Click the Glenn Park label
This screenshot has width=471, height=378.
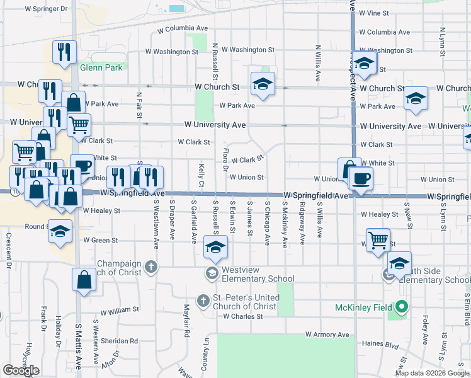coord(101,67)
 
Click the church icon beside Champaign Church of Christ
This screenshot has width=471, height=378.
coord(150,267)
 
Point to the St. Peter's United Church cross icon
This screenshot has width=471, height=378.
coord(203,301)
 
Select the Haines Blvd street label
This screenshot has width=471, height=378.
coord(382,345)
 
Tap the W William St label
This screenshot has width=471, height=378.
coord(119,310)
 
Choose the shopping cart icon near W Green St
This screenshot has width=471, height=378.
coord(378,239)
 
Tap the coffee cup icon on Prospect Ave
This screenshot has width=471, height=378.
coord(360,178)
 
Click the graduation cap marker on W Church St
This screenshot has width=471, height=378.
coord(263,83)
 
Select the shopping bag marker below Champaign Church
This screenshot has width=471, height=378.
coord(84,280)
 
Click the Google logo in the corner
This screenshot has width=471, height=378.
coord(21,370)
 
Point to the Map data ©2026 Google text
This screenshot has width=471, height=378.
coord(432,374)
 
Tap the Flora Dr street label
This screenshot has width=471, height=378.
coord(225,159)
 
